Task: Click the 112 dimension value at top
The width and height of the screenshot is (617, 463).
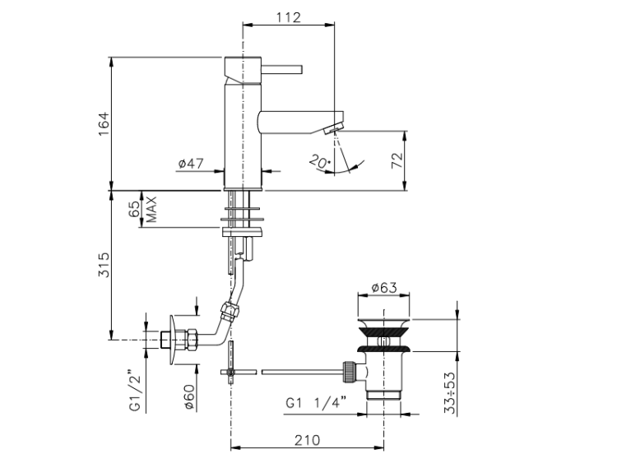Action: pyautogui.click(x=289, y=18)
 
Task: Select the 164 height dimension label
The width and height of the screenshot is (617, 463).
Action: pyautogui.click(x=104, y=124)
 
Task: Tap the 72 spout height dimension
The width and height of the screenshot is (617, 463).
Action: pyautogui.click(x=397, y=160)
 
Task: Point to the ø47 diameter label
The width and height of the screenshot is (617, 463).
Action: pyautogui.click(x=191, y=164)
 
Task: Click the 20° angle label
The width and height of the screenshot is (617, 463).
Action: pyautogui.click(x=319, y=161)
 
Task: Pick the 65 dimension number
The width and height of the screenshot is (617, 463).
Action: pyautogui.click(x=134, y=209)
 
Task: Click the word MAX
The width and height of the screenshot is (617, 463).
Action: pyautogui.click(x=151, y=209)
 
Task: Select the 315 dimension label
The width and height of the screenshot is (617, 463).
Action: pyautogui.click(x=104, y=265)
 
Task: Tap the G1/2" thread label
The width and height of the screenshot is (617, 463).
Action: pyautogui.click(x=136, y=391)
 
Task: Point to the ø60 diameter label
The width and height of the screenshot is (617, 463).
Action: pyautogui.click(x=189, y=397)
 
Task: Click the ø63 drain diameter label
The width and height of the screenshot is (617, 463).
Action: pyautogui.click(x=384, y=288)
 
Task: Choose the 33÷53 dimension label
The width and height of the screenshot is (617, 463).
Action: pyautogui.click(x=450, y=392)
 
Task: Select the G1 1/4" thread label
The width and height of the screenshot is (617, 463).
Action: pyautogui.click(x=316, y=403)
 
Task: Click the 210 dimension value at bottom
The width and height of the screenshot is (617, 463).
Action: pyautogui.click(x=308, y=440)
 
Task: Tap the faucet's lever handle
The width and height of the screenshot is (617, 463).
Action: pyautogui.click(x=281, y=69)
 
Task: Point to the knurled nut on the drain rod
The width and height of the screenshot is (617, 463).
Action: pyautogui.click(x=350, y=372)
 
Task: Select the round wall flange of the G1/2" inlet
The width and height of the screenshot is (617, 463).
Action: pyautogui.click(x=173, y=340)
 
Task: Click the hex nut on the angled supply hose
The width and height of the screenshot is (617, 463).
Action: pyautogui.click(x=230, y=311)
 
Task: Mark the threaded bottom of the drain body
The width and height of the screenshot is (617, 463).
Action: pyautogui.click(x=383, y=395)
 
